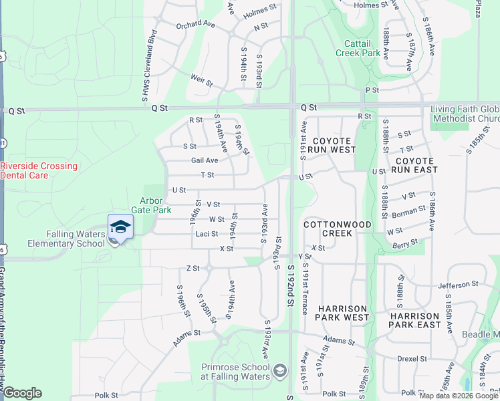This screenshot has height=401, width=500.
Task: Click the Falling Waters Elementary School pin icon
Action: (x=120, y=227)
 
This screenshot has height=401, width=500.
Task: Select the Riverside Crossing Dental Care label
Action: (x=39, y=170)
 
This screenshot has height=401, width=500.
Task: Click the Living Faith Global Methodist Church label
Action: (x=465, y=114)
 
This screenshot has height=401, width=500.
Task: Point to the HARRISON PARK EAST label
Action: (x=415, y=320)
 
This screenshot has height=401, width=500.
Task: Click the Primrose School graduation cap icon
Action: (x=280, y=370)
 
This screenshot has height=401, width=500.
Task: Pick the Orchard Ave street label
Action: (x=195, y=25)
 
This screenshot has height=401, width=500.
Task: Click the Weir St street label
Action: (x=201, y=81)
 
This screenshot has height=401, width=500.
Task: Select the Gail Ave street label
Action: (x=205, y=160)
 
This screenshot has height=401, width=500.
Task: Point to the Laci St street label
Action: (x=206, y=234)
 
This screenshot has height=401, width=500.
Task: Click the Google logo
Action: (x=22, y=393)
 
